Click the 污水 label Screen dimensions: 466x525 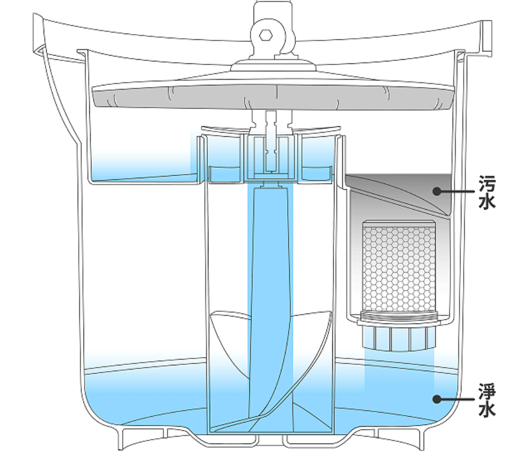pyautogui.click(x=487, y=192)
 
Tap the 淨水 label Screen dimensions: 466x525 pyautogui.click(x=487, y=399)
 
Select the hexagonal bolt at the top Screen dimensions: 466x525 pyautogui.click(x=267, y=35)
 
